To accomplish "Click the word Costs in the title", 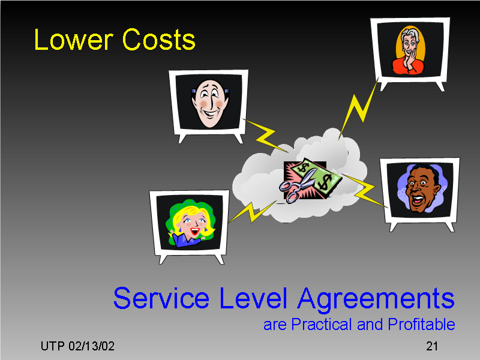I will coord(158,40).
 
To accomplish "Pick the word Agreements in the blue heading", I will coord(375,299).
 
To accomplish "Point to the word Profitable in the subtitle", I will coord(421,325).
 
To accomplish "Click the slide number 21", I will coord(431,346).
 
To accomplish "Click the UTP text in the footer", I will coord(52,346).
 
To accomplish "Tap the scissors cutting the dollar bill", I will coord(296,187).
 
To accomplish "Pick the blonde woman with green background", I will coord(191,224).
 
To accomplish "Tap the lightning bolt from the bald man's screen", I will coord(262,133).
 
